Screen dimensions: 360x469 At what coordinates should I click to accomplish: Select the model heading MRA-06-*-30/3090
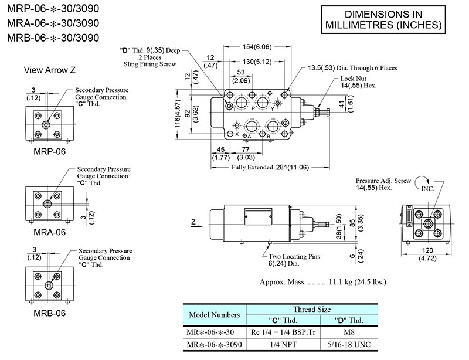53,23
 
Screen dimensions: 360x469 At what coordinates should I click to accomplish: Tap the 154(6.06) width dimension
258,46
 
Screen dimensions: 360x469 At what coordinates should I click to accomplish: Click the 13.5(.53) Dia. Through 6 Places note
352,68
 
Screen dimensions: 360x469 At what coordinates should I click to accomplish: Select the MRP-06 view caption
50,151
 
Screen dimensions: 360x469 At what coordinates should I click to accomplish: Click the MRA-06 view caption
49,232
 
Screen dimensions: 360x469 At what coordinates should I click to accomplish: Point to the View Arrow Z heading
49,70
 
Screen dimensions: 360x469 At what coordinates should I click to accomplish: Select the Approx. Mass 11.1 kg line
323,282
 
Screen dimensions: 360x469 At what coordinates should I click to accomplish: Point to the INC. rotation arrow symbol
423,186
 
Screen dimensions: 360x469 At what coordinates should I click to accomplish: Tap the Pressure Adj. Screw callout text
382,184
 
